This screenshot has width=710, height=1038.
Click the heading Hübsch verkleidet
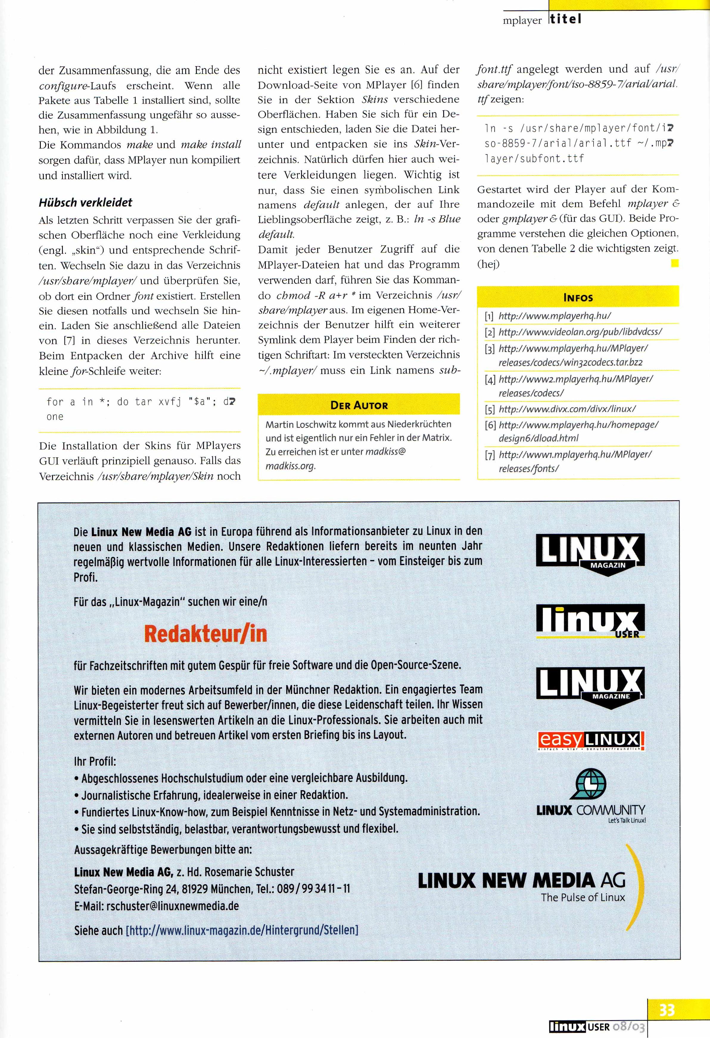pos(85,202)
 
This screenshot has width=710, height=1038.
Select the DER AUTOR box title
pos(359,405)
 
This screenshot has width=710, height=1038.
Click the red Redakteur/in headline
pos(205,634)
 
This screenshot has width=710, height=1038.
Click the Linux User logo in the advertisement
pos(590,621)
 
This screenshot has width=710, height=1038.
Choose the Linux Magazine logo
pos(590,686)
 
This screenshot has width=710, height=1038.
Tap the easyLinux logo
pos(590,741)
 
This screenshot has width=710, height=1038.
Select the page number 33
pos(667,1010)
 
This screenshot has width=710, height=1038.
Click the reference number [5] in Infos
pos(489,409)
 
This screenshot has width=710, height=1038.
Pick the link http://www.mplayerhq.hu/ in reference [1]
pos(555,316)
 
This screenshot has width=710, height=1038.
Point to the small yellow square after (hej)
pos(675,263)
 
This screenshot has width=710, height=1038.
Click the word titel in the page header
pos(566,19)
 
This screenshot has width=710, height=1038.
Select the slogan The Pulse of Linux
pos(583,897)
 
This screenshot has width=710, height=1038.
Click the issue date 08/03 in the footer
pos(629,1027)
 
